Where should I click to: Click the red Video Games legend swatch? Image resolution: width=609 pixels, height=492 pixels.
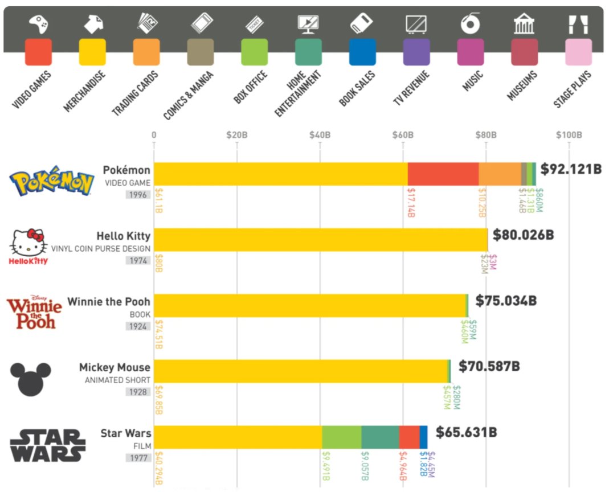[38, 52]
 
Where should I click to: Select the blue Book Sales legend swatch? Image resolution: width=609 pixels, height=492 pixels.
[362, 52]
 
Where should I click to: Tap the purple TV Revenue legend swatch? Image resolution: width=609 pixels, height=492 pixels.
[416, 52]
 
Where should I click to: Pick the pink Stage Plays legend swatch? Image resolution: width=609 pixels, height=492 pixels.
[578, 52]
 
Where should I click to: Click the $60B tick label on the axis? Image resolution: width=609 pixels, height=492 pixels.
[402, 135]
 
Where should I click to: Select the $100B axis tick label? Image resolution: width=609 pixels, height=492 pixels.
[569, 135]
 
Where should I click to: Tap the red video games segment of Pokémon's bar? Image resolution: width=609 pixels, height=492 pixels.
[443, 174]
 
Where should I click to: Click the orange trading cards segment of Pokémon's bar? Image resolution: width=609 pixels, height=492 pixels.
[500, 174]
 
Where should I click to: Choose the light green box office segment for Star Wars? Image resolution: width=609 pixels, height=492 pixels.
[341, 437]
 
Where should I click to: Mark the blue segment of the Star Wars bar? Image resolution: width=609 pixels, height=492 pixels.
[423, 437]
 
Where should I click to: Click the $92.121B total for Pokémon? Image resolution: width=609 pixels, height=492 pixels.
[571, 169]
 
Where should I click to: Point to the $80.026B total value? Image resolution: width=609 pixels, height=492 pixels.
[523, 235]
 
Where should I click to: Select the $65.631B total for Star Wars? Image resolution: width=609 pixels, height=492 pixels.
[466, 432]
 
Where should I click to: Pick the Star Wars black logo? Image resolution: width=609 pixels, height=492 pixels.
[48, 445]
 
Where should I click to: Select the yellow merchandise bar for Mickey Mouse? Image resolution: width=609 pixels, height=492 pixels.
[301, 371]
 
